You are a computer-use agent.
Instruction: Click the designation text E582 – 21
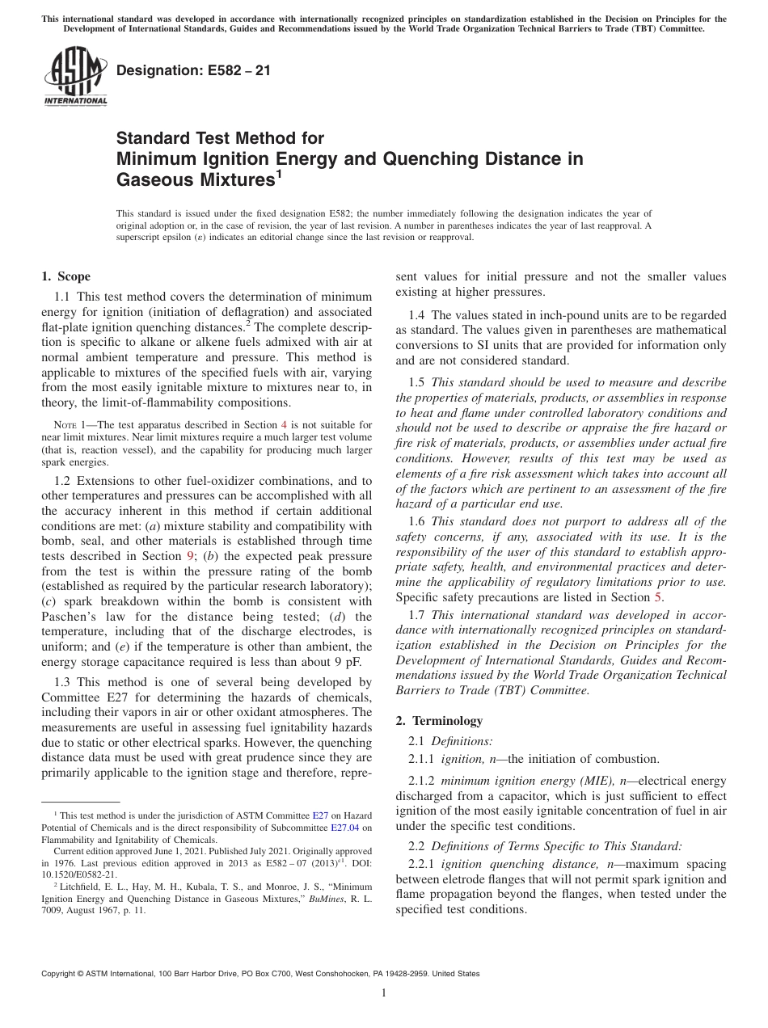193,70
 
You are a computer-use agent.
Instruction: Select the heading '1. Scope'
65,276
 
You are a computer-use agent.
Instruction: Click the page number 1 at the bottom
384,993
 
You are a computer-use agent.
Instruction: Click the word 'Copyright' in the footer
61,974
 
